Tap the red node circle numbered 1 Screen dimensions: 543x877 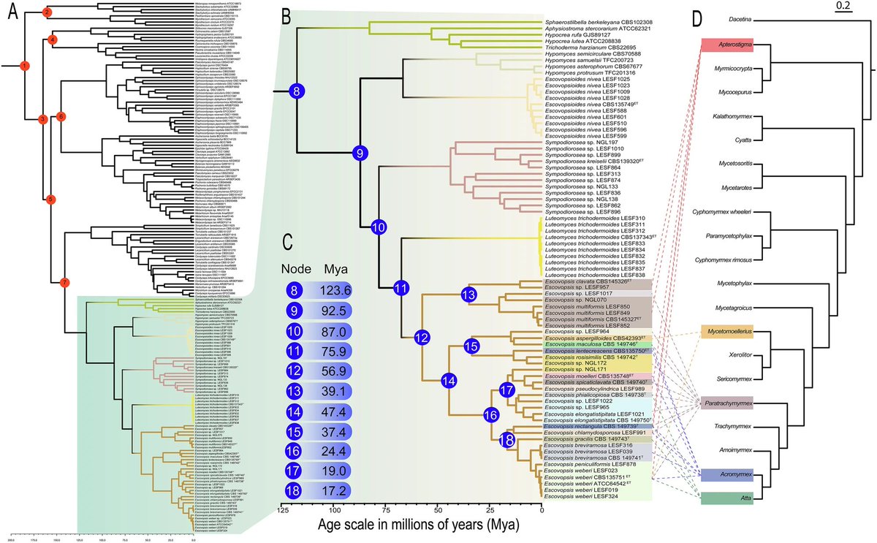tap(25, 66)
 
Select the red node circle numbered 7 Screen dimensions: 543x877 tap(64, 281)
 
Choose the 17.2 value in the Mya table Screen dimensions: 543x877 tap(338, 489)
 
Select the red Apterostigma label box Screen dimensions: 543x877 tap(726, 45)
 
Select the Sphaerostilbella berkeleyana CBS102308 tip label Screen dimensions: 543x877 tap(600, 23)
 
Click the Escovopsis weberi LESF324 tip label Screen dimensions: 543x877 tap(578, 497)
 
